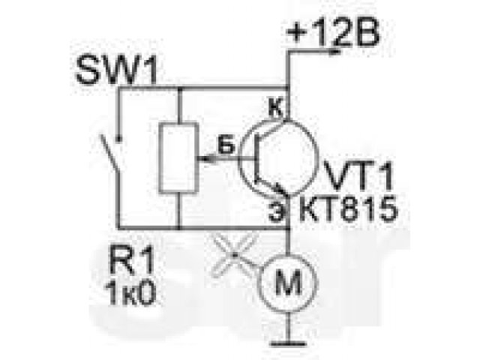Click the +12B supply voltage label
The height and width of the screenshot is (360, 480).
pyautogui.click(x=332, y=33)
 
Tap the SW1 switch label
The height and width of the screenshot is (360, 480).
pyautogui.click(x=117, y=70)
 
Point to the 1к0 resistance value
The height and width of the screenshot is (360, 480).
pyautogui.click(x=130, y=294)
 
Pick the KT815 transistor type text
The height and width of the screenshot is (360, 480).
pyautogui.click(x=348, y=209)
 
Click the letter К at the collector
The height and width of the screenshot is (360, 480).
pyautogui.click(x=275, y=108)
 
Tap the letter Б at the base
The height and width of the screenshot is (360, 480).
pyautogui.click(x=226, y=146)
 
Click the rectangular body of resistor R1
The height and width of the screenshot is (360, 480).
pyautogui.click(x=179, y=158)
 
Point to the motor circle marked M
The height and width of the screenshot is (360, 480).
pyautogui.click(x=288, y=283)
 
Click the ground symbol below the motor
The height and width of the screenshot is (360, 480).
pyautogui.click(x=288, y=343)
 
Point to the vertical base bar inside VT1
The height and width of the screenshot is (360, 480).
pyautogui.click(x=257, y=158)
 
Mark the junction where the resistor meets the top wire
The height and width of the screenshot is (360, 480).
pyautogui.click(x=179, y=89)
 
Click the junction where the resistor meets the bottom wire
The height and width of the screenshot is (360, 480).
pyautogui.click(x=179, y=228)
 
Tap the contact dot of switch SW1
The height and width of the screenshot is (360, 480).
pyautogui.click(x=119, y=140)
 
